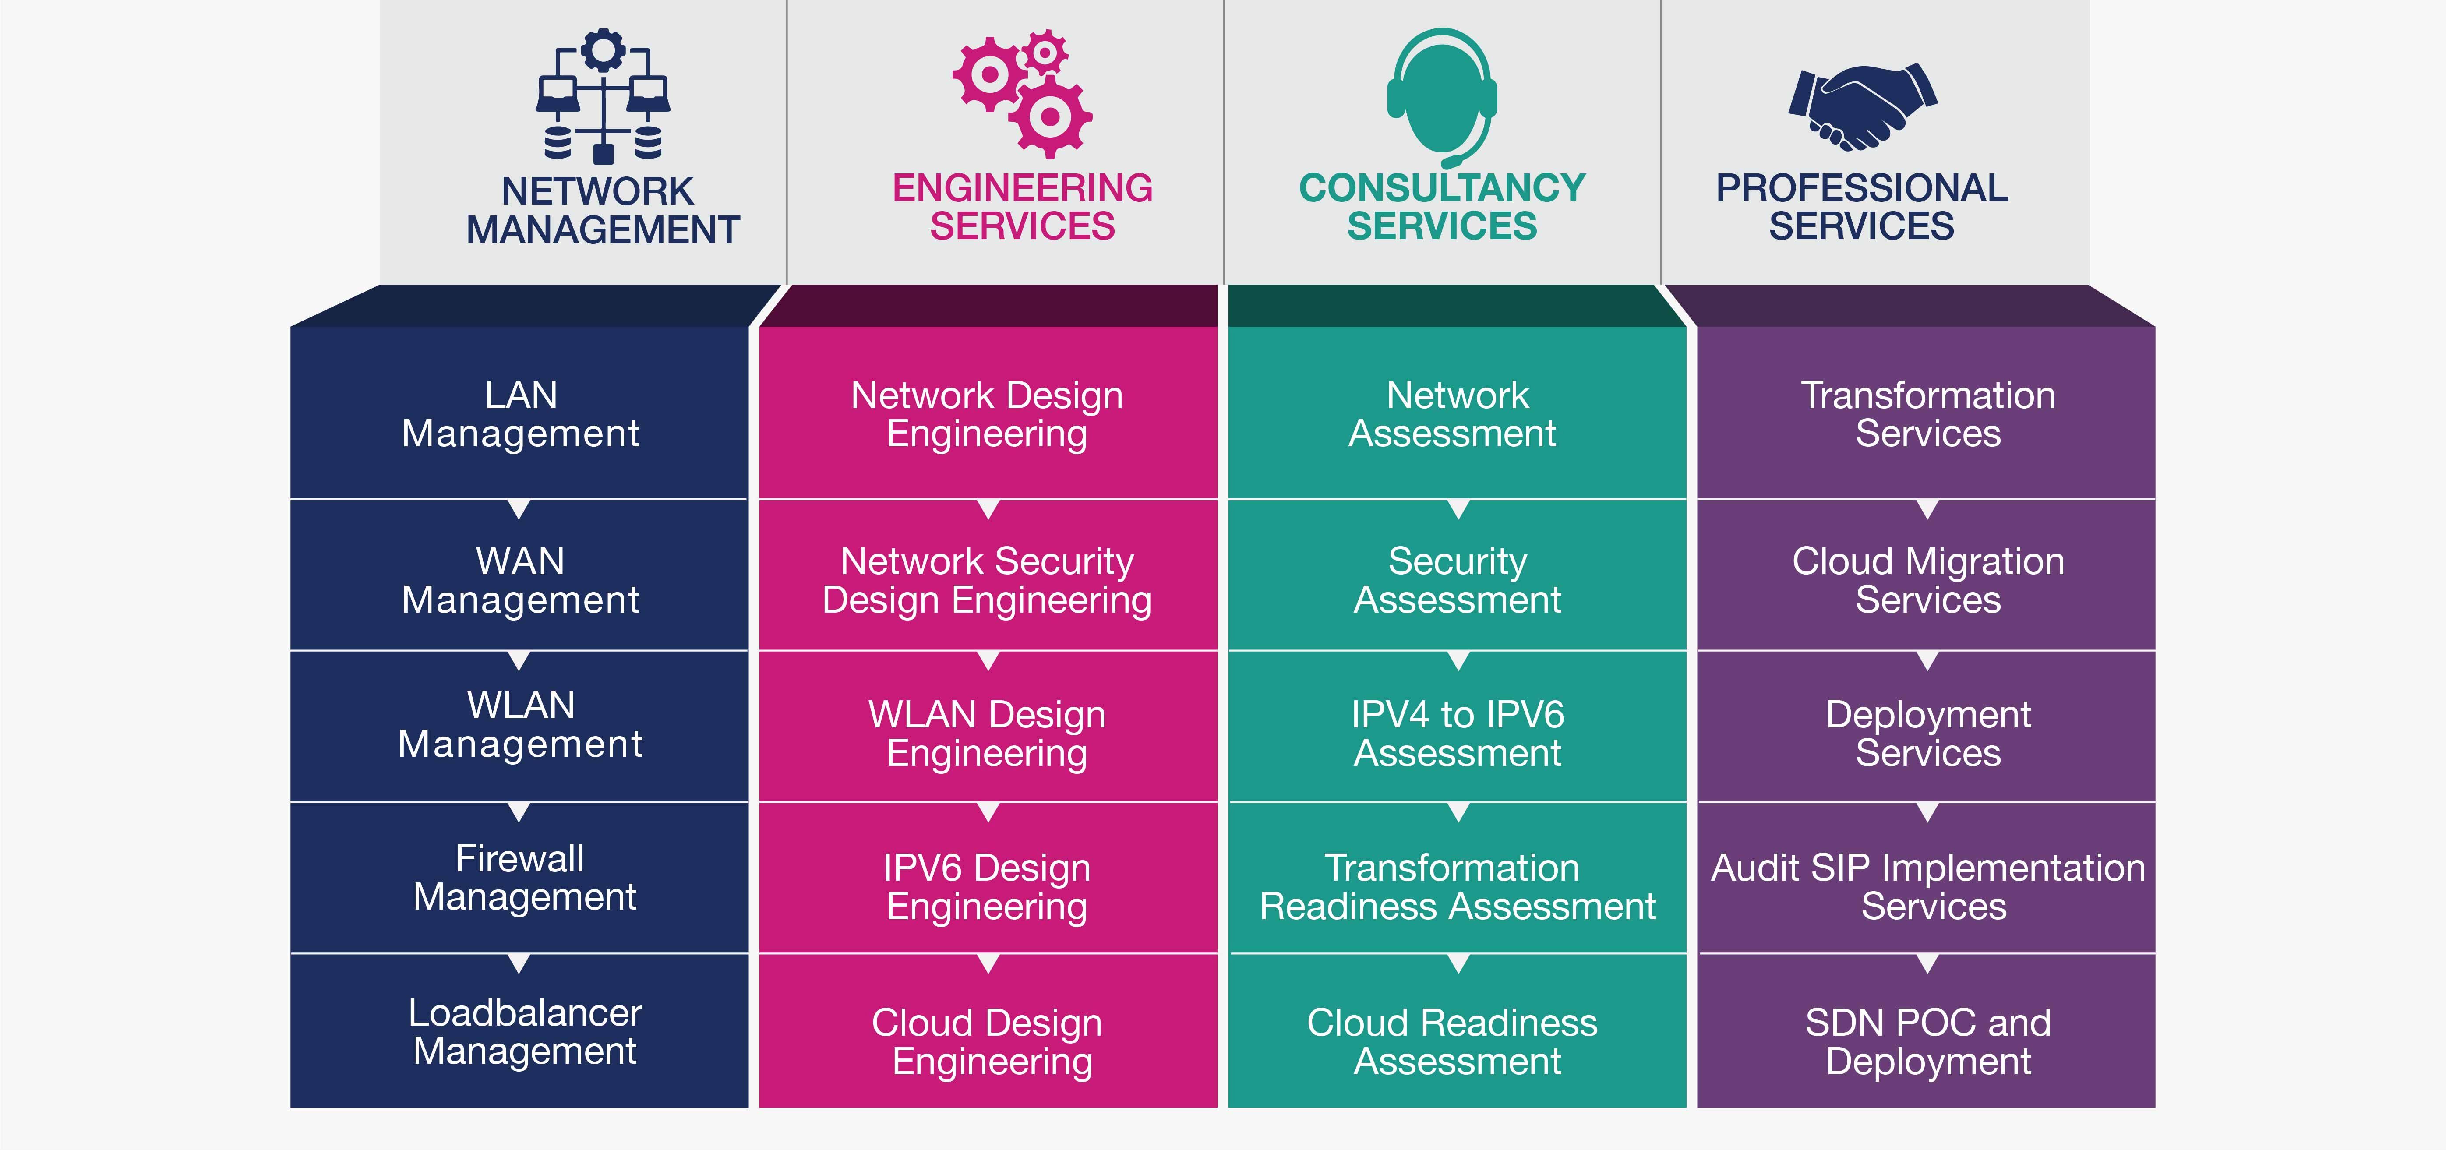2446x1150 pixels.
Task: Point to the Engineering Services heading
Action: (x=1023, y=207)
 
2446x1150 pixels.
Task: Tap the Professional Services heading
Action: (x=1862, y=207)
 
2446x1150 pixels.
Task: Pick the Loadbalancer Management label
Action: (x=524, y=1032)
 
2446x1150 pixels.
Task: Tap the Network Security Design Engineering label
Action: (x=988, y=580)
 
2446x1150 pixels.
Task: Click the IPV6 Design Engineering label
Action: (x=988, y=887)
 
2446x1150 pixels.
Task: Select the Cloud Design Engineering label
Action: (x=988, y=1042)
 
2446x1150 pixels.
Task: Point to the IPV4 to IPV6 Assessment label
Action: (x=1458, y=733)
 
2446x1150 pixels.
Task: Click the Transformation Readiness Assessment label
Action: (x=1458, y=887)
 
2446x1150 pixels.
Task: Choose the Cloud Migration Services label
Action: (x=1927, y=580)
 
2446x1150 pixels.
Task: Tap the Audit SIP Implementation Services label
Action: (x=1927, y=887)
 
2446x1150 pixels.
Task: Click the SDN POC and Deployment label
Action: (x=1927, y=1042)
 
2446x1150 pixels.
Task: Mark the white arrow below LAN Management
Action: (x=519, y=509)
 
